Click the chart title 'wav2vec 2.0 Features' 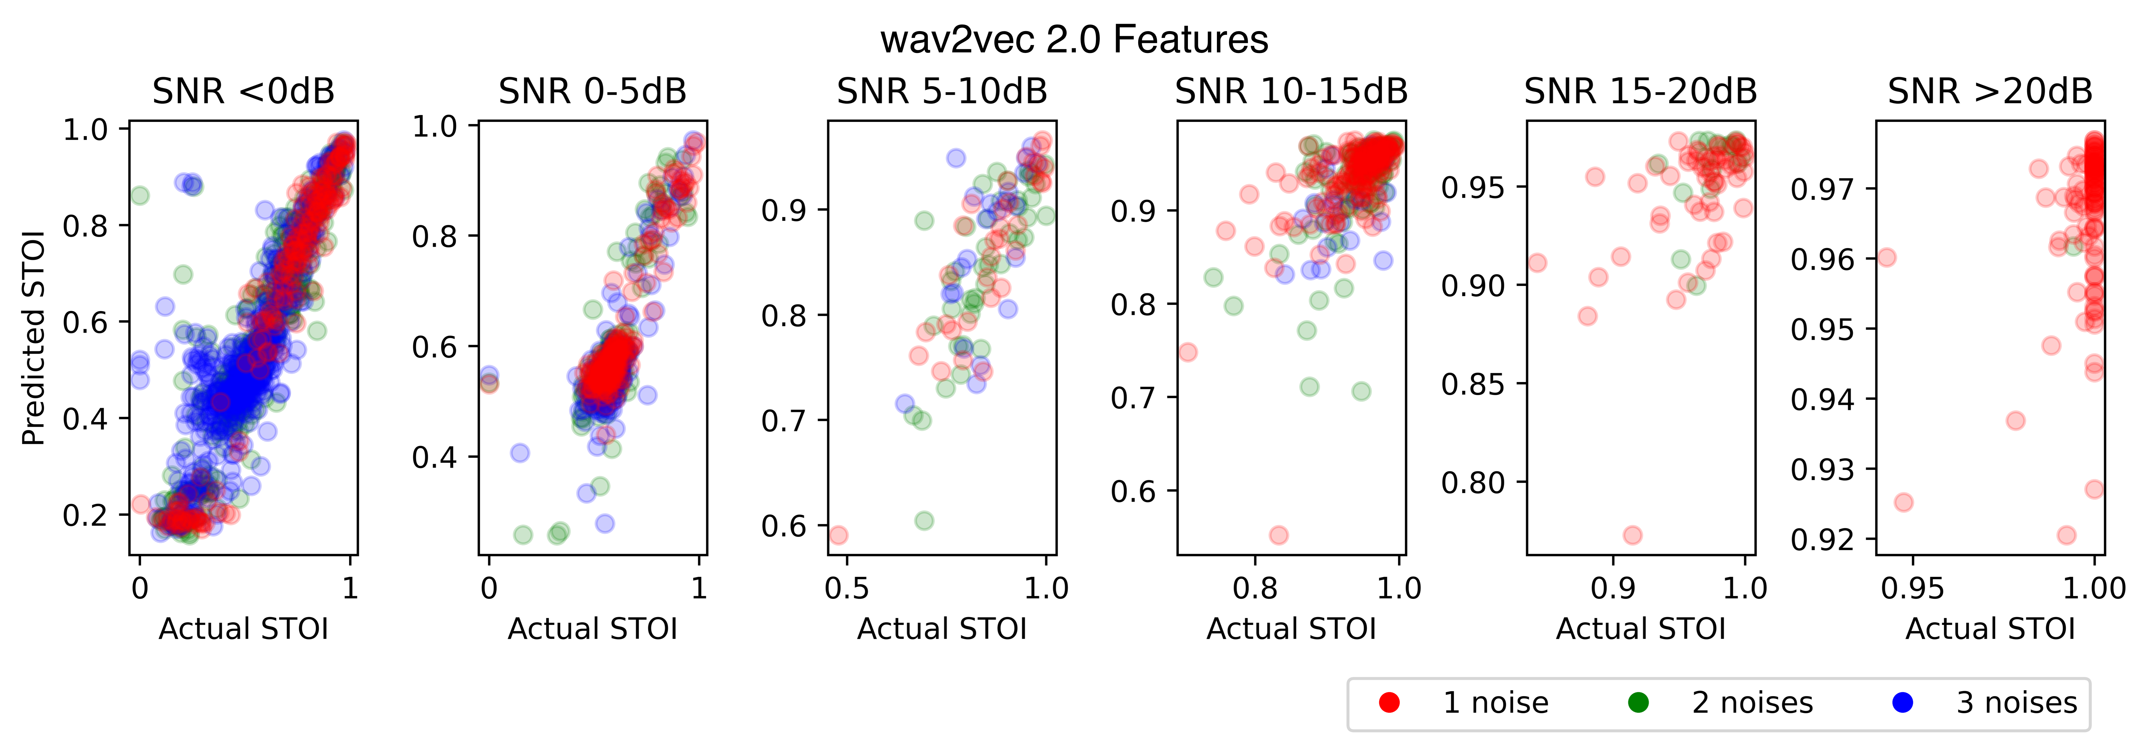(1074, 39)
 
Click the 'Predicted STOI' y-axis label (33, 338)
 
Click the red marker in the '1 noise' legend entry (1389, 703)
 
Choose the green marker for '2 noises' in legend (1639, 703)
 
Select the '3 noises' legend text (2016, 703)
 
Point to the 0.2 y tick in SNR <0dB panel (85, 514)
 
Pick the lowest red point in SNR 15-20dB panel (1633, 534)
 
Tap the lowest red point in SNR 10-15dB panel (1278, 534)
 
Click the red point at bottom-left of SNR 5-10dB (838, 534)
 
